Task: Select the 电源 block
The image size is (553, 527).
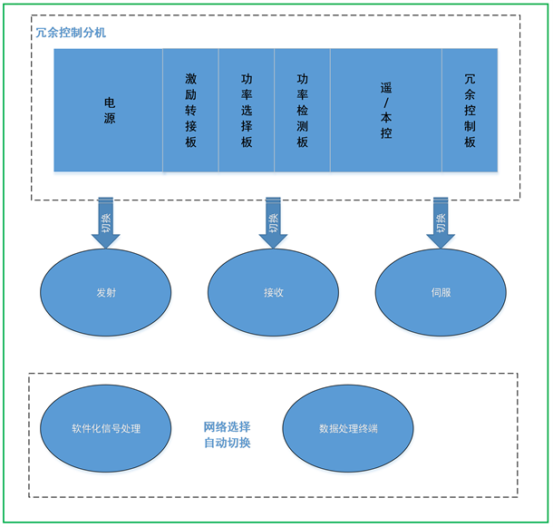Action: (x=109, y=110)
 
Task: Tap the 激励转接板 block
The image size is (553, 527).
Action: (x=190, y=110)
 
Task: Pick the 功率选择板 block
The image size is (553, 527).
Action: (x=247, y=110)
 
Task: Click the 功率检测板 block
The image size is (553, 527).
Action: (x=302, y=110)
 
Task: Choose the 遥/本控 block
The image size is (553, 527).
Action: (x=386, y=110)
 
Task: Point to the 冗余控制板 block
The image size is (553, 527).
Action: (x=470, y=110)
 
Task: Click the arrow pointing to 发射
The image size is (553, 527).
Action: (x=106, y=222)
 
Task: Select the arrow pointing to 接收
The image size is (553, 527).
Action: (x=273, y=222)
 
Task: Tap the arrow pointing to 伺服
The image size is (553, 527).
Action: (x=441, y=222)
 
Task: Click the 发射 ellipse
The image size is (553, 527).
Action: (x=106, y=293)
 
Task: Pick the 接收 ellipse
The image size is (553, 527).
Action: (x=273, y=293)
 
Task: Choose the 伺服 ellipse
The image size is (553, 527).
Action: (x=441, y=293)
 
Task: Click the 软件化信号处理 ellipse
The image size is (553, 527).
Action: (x=106, y=428)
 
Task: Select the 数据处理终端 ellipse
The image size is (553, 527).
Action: (x=348, y=428)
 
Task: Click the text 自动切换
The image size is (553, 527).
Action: (x=227, y=443)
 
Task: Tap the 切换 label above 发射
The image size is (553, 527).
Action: (x=106, y=219)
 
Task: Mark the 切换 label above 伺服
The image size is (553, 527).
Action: (x=441, y=219)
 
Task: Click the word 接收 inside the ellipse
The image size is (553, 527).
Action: (x=273, y=293)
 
